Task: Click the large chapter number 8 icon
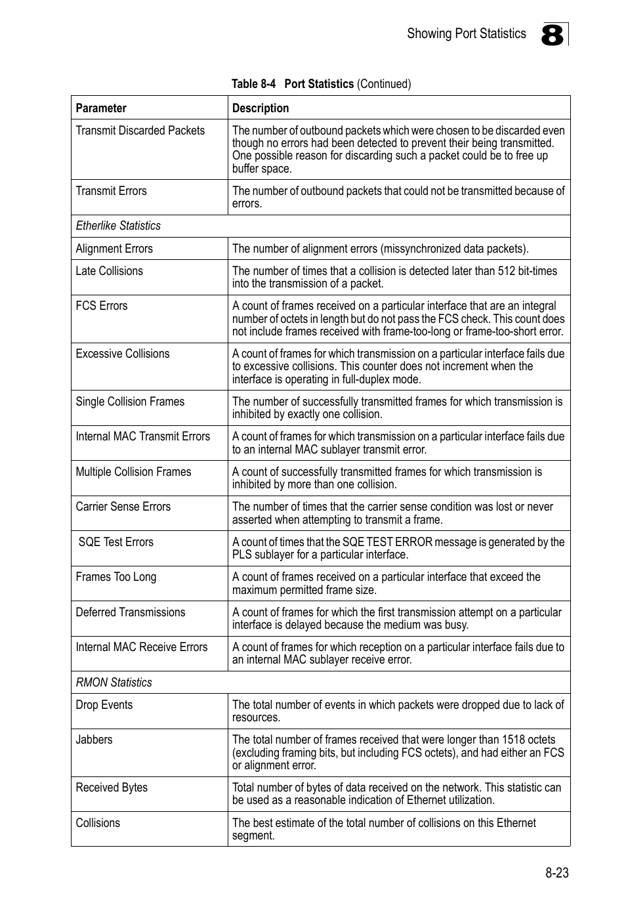553,35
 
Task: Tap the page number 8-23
556,873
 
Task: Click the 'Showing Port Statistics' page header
466,33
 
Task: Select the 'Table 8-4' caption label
254,84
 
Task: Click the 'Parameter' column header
101,108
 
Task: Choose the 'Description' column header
261,108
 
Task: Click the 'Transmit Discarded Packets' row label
140,131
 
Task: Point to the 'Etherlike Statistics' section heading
118,226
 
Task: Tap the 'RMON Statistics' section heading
114,683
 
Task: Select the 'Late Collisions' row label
109,271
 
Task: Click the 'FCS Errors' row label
102,306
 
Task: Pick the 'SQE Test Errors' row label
115,542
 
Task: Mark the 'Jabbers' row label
94,740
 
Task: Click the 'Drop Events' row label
104,705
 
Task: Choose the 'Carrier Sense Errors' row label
123,507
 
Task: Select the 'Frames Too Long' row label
116,577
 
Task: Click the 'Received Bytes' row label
112,788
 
